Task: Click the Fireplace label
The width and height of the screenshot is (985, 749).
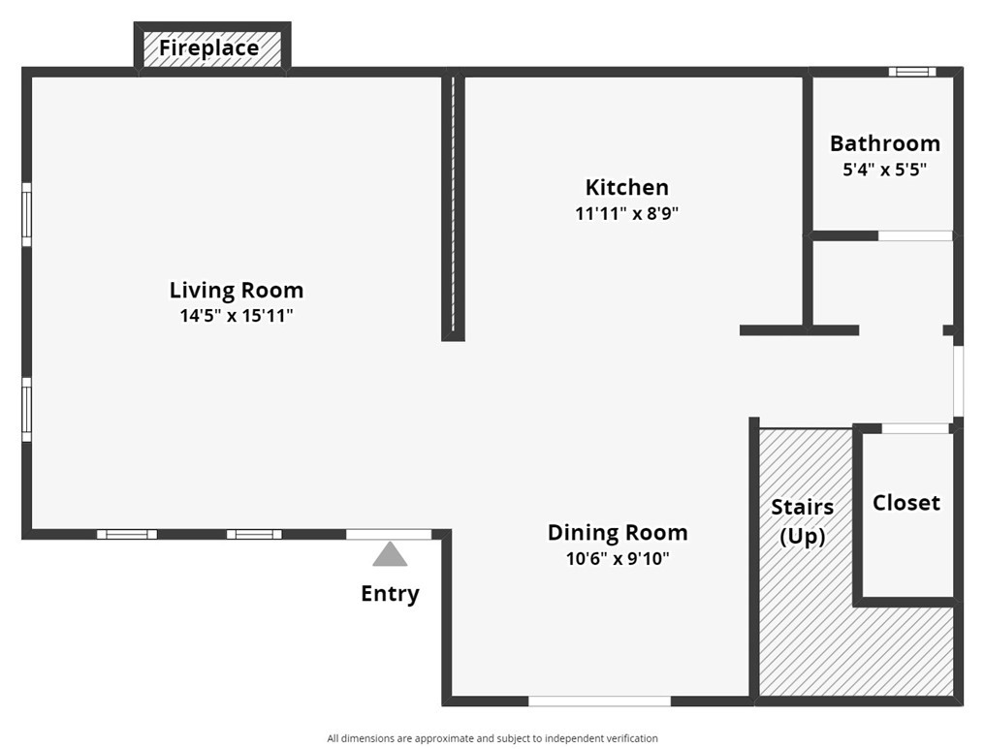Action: [209, 47]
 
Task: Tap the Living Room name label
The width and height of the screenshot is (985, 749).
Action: [236, 290]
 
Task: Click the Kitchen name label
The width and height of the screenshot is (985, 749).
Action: [626, 187]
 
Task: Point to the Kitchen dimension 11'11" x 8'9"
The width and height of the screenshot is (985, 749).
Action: [626, 213]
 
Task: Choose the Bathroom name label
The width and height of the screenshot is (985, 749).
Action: [884, 143]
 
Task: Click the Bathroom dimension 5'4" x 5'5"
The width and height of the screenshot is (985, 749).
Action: [884, 169]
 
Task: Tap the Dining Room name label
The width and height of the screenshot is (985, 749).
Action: [618, 532]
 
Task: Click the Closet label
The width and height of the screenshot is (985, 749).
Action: [906, 502]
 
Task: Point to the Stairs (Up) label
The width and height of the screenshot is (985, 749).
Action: [802, 521]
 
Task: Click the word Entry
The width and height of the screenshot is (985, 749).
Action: [390, 594]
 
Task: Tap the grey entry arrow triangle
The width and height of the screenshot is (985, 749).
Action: [390, 555]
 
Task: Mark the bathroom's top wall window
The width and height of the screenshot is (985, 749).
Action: [911, 72]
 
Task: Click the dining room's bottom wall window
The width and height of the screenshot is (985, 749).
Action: [599, 701]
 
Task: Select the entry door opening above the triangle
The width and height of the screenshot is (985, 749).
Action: [389, 534]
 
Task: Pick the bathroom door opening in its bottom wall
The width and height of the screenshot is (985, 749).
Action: [915, 235]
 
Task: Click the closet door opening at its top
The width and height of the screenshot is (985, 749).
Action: [915, 428]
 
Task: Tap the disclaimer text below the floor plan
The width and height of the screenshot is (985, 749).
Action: [492, 738]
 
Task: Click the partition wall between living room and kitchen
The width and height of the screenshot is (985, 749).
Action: [453, 208]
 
